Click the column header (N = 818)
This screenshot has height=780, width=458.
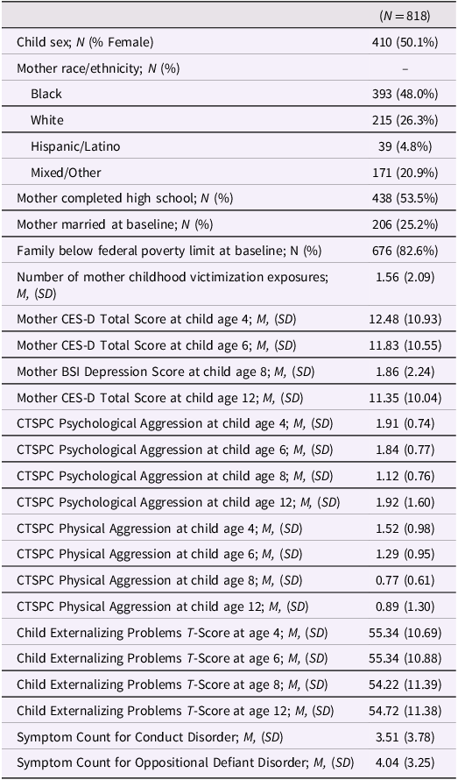405,17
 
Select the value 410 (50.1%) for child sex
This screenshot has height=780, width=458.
405,43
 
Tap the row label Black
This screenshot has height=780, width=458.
46,94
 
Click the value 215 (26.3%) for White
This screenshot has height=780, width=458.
405,120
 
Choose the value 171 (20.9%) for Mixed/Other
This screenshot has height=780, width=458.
405,173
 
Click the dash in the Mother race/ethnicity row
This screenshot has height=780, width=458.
405,68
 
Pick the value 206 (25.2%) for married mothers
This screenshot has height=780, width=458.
405,225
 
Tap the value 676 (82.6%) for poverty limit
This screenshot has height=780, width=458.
405,251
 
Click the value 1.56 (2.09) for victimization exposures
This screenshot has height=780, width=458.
405,277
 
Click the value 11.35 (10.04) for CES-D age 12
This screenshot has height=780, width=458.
405,399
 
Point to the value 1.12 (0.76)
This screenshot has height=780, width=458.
405,476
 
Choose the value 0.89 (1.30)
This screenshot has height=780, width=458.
405,606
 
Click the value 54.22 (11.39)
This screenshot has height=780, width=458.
405,684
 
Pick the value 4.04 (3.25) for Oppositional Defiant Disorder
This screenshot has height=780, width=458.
405,762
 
